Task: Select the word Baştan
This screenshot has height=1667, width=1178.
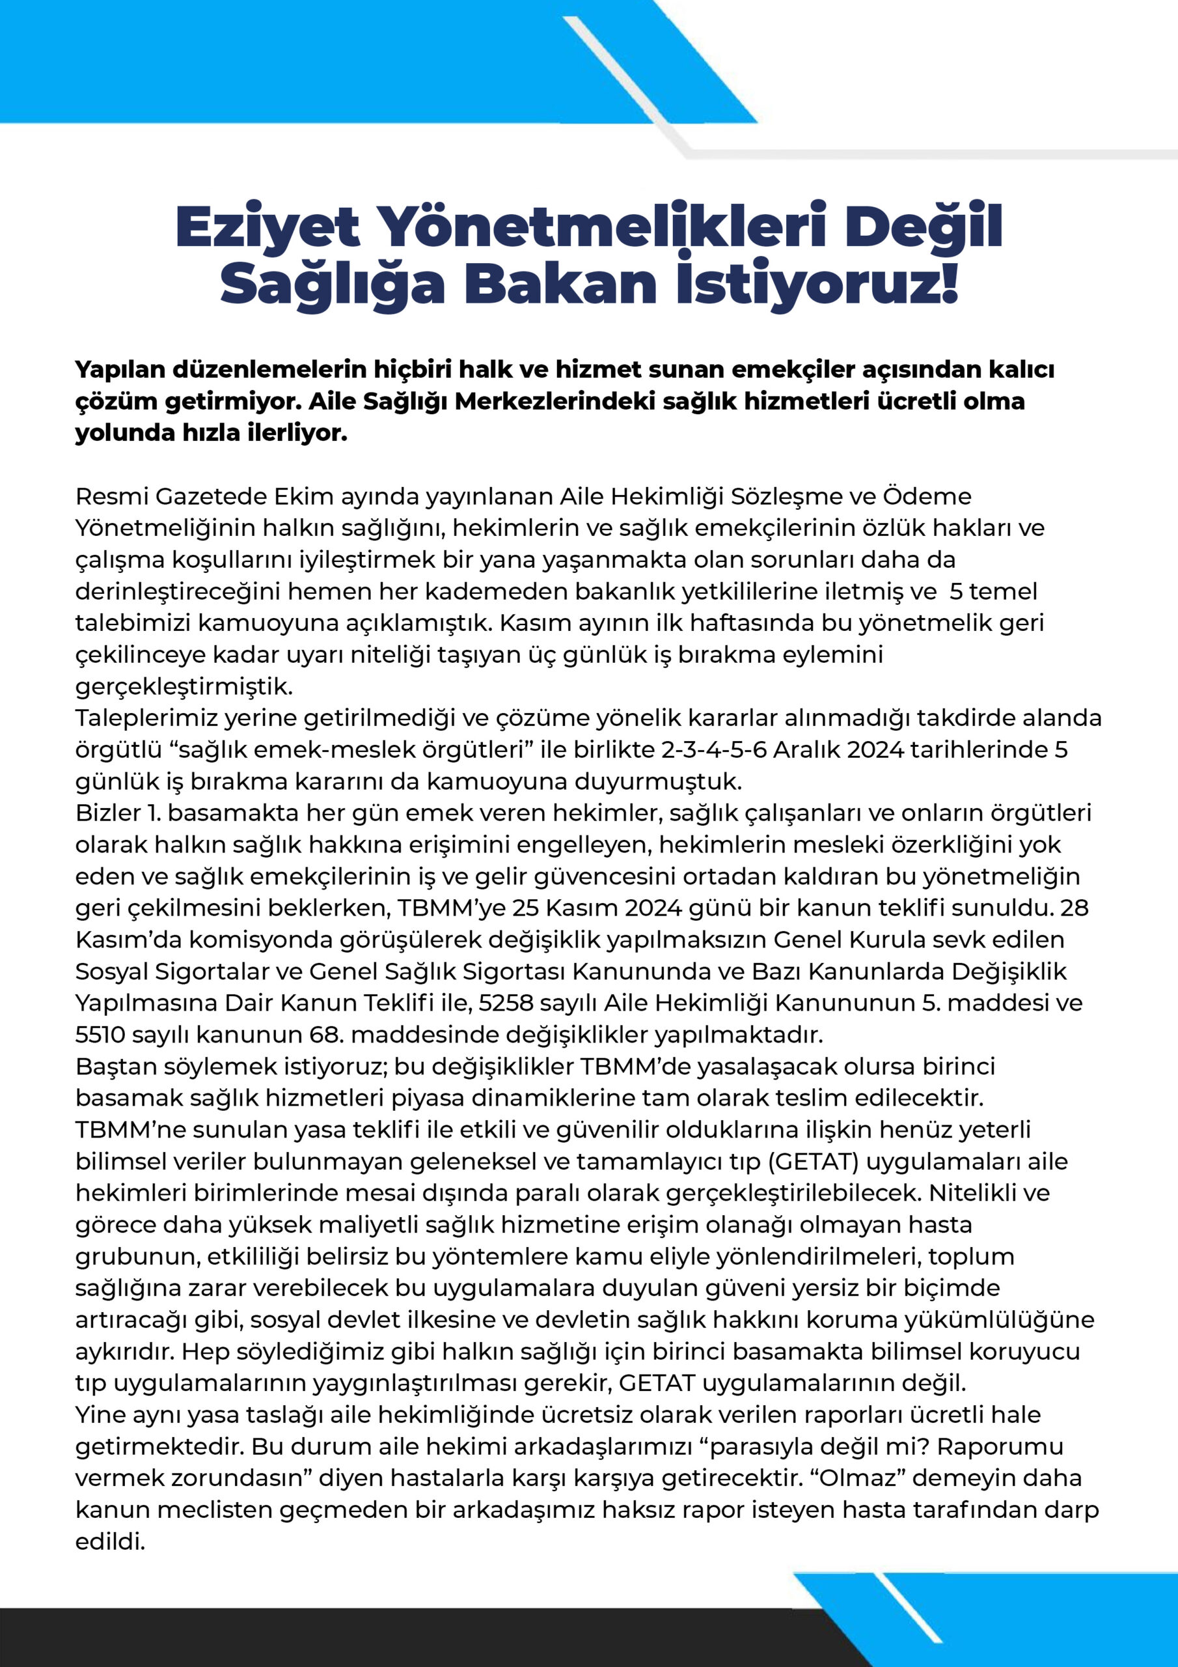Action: (x=115, y=1067)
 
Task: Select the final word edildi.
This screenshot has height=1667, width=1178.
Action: (x=111, y=1541)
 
